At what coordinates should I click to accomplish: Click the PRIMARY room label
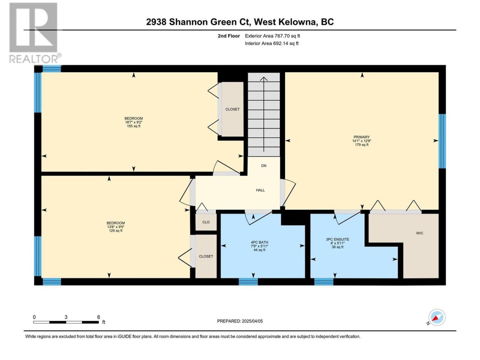[361, 137]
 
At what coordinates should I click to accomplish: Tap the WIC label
[419, 233]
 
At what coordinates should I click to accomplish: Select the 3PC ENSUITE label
[337, 239]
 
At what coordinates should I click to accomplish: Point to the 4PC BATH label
[259, 242]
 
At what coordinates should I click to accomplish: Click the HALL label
[260, 190]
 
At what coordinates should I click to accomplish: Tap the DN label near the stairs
[264, 166]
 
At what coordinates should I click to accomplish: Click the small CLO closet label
[206, 222]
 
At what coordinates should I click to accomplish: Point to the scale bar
[66, 322]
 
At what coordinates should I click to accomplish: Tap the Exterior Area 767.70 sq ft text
[273, 36]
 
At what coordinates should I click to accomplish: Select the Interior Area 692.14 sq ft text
[271, 43]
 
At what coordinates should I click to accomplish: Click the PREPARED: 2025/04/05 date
[240, 321]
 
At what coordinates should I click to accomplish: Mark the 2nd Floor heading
[229, 36]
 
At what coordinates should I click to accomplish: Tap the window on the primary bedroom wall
[442, 141]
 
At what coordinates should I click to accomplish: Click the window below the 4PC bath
[248, 282]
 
